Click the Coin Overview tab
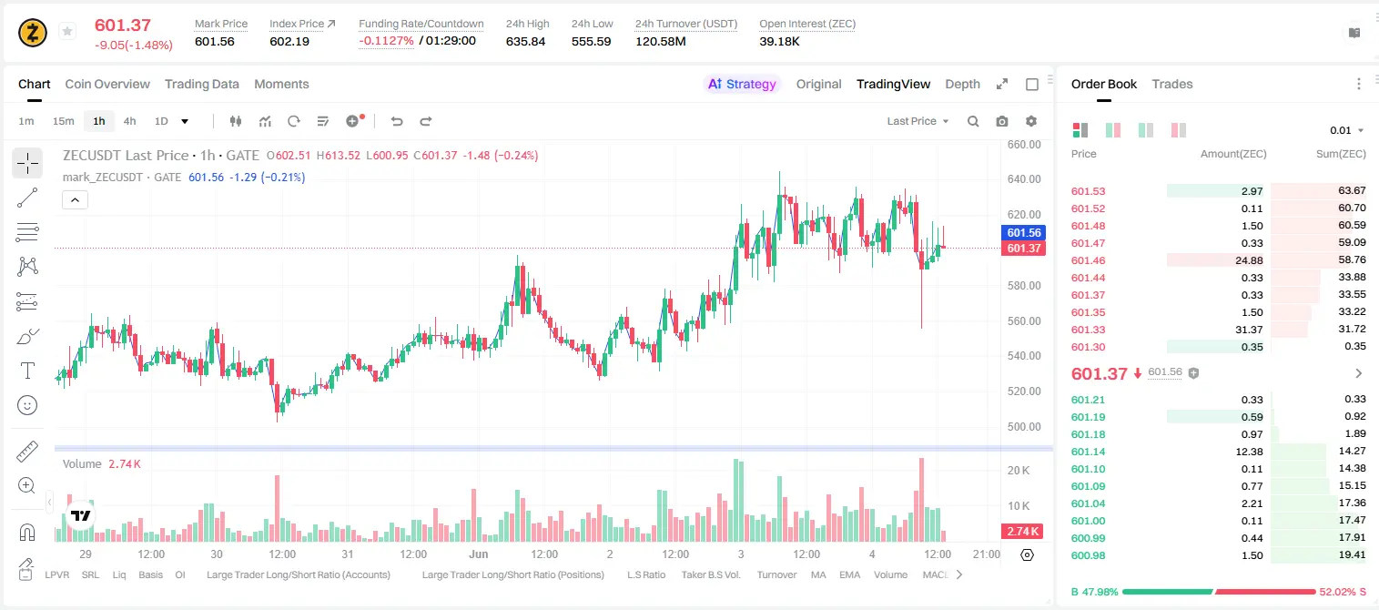[x=107, y=84]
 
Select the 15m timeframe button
[x=63, y=121]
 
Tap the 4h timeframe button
[x=129, y=121]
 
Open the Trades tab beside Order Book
[x=1172, y=84]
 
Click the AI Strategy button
[x=742, y=84]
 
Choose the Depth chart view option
[x=962, y=84]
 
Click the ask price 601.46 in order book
[x=1088, y=260]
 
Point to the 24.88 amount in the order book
[x=1249, y=260]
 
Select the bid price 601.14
[x=1088, y=452]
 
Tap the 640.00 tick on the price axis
[x=1024, y=179]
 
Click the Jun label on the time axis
[x=479, y=554]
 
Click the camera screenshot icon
[x=1002, y=121]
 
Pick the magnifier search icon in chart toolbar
[x=973, y=121]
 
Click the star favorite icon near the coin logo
[x=67, y=31]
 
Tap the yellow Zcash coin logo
[x=33, y=33]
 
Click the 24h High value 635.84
[x=526, y=41]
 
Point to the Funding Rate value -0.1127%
[x=386, y=41]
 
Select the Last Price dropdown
[x=918, y=121]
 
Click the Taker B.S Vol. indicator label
[x=710, y=574]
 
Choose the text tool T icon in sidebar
[x=27, y=371]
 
